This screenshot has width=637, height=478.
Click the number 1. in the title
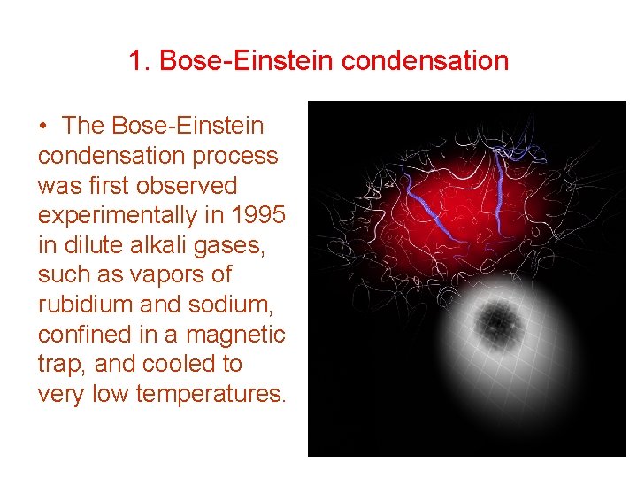[139, 61]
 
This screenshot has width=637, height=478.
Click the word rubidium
[83, 305]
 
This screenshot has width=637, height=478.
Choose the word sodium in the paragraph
[234, 305]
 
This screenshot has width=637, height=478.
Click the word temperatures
[211, 394]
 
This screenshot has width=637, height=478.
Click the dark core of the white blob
[498, 320]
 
